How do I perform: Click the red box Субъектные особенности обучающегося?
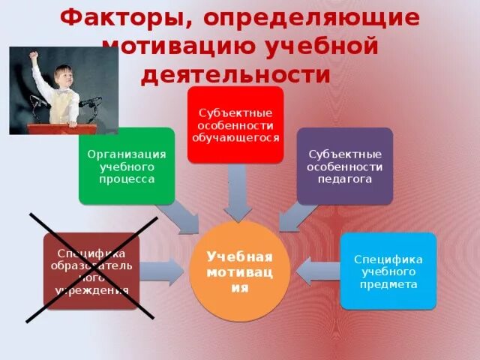[x=235, y=124]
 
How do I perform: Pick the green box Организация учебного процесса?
[x=127, y=166]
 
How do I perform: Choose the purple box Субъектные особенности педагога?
[x=345, y=166]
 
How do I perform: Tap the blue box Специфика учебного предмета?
[x=388, y=271]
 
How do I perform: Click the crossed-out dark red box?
[x=91, y=271]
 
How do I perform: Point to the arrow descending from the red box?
[x=238, y=193]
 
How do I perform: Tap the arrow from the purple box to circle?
[x=295, y=218]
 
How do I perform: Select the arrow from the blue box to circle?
[x=318, y=271]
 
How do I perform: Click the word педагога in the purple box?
[x=345, y=179]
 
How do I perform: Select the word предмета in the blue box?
[x=388, y=284]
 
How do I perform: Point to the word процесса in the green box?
[x=127, y=179]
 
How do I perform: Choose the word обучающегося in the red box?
[x=235, y=138]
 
